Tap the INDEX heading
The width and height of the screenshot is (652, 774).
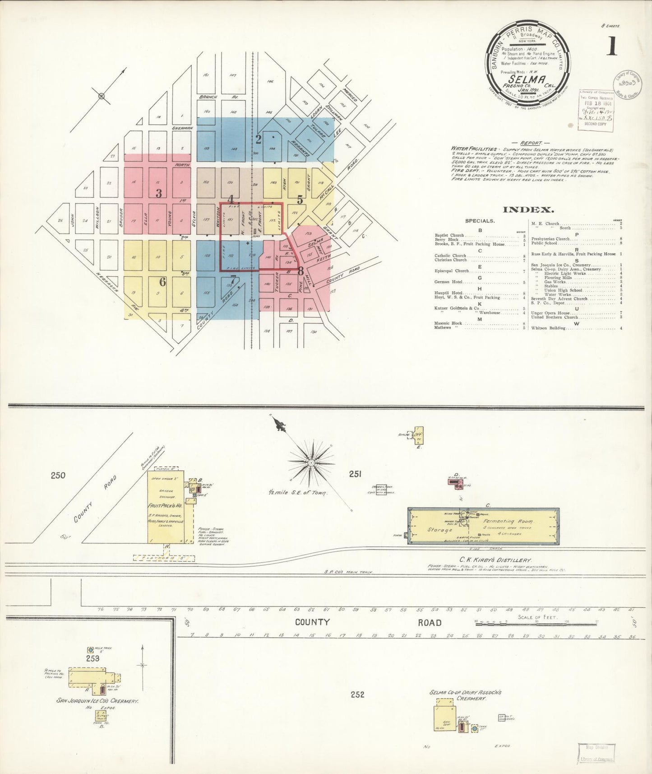pos(528,210)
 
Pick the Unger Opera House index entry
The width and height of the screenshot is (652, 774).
pos(550,313)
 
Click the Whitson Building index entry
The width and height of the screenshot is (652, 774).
pos(548,328)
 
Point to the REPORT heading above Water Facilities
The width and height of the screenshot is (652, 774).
pos(531,143)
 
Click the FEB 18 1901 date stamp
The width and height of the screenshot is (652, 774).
pos(596,103)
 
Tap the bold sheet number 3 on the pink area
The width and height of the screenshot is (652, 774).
pos(158,193)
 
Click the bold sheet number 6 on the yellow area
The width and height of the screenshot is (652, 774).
pos(162,282)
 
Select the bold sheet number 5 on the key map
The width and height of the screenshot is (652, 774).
pos(300,199)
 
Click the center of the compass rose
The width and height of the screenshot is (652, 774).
pos(311,463)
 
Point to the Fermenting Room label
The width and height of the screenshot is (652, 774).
pos(508,521)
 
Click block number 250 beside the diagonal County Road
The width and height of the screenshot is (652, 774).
pos(58,475)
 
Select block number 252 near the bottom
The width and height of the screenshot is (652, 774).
pos(357,695)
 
